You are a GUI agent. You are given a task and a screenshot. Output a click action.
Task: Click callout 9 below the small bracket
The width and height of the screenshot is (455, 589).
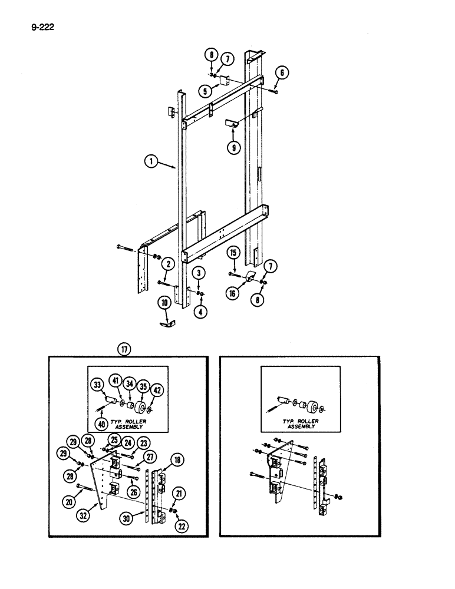pos(234,148)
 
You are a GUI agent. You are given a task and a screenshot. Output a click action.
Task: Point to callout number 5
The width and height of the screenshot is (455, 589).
pos(206,91)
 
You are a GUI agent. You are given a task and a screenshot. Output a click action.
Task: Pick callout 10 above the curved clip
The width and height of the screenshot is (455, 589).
pos(165,303)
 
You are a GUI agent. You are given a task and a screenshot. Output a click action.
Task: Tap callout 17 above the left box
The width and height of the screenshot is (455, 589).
pos(124,349)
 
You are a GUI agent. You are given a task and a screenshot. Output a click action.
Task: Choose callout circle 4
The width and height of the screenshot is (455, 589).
pos(201,312)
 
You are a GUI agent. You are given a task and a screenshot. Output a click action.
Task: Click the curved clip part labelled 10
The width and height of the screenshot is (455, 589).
pos(167,323)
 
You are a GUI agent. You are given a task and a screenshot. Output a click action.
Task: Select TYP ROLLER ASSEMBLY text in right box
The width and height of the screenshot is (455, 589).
pos(300,424)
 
